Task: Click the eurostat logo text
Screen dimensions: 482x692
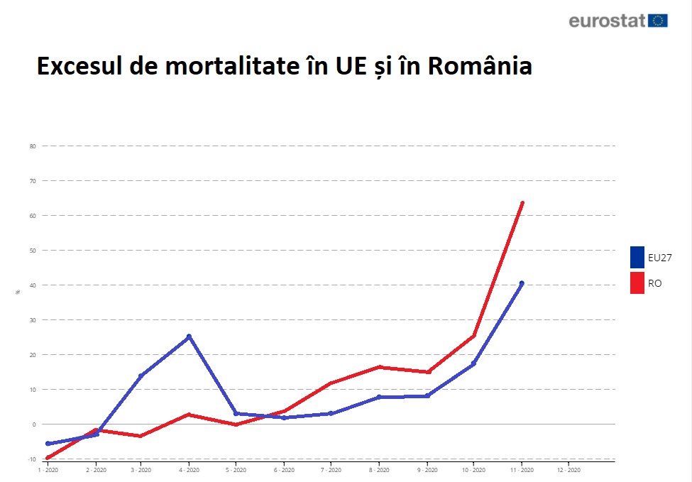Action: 607,21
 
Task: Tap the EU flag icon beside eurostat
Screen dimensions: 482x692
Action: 658,21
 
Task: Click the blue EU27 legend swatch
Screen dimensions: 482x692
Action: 637,257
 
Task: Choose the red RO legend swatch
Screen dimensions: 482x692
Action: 637,283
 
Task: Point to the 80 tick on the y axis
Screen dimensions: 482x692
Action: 32,146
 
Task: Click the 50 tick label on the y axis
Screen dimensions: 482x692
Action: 32,251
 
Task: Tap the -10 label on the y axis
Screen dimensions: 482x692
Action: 31,459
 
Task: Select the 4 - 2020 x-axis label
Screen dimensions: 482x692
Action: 189,470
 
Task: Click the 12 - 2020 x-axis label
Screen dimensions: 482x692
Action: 569,470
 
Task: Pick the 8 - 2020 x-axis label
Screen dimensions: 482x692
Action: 378,470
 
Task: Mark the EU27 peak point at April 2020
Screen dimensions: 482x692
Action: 189,336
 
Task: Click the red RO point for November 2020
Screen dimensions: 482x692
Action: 522,203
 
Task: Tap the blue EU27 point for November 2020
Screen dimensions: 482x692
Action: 522,283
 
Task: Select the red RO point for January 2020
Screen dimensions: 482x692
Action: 48,458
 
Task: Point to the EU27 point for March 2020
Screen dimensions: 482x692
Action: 141,376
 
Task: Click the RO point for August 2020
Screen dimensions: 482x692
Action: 380,367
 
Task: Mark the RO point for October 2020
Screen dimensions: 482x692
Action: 473,336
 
